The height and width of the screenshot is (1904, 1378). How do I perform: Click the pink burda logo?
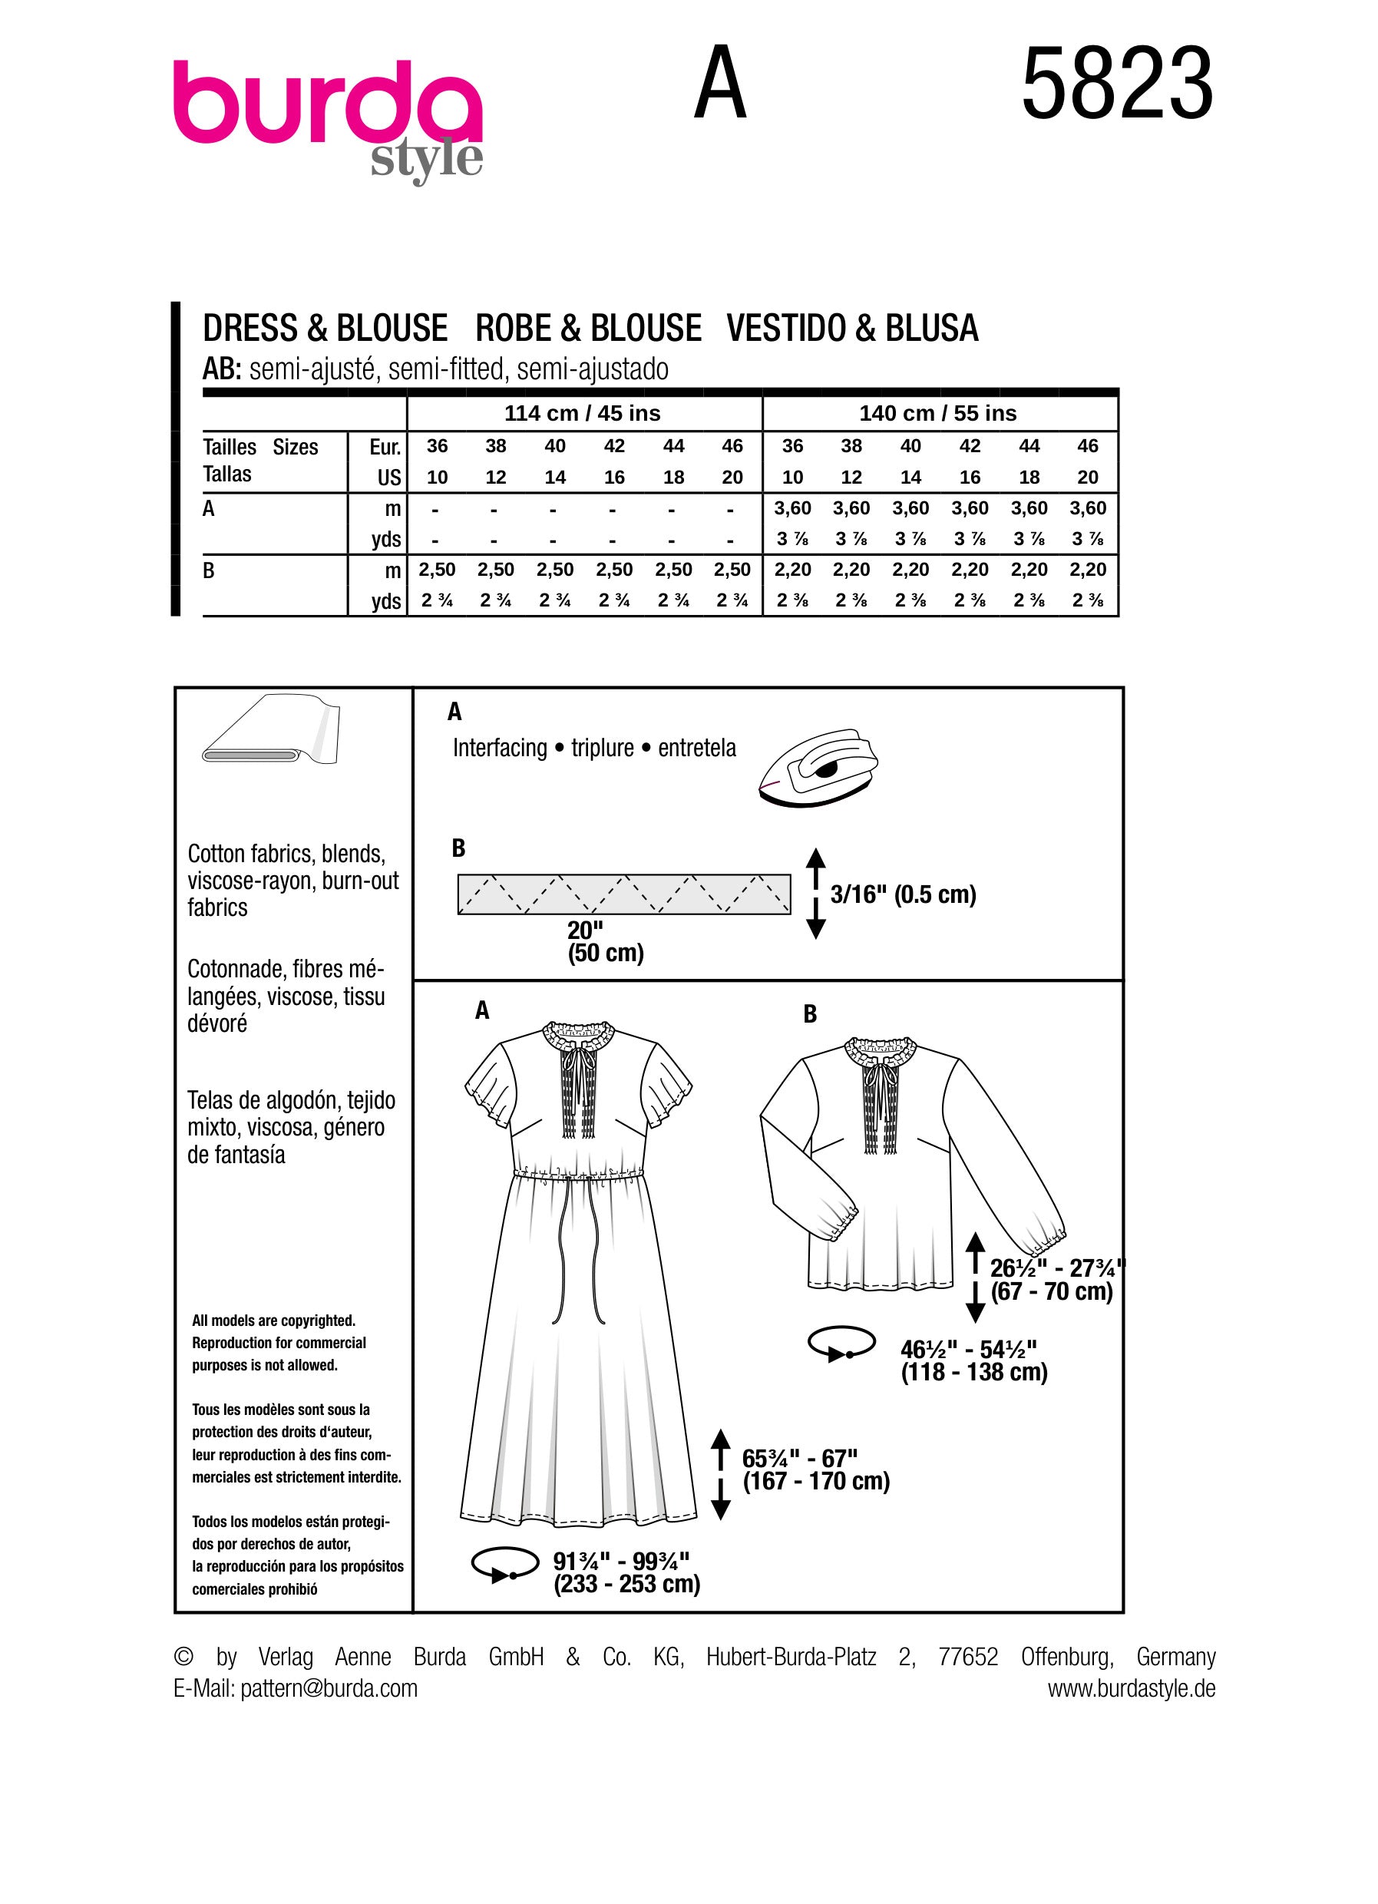pyautogui.click(x=327, y=117)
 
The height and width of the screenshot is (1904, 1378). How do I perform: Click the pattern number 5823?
pyautogui.click(x=1117, y=84)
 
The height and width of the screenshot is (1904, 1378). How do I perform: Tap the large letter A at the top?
pyautogui.click(x=720, y=83)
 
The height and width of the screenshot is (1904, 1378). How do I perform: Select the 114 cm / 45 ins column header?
pyautogui.click(x=583, y=413)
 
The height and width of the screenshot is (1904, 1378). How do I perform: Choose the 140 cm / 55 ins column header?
pyautogui.click(x=937, y=413)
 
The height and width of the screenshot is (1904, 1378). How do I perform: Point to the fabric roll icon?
pyautogui.click(x=272, y=729)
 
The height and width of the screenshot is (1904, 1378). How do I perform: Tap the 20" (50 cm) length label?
pyautogui.click(x=605, y=941)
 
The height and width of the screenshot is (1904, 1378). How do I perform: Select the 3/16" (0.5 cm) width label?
pyautogui.click(x=903, y=894)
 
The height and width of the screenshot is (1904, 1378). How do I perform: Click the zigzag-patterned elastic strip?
pyautogui.click(x=623, y=894)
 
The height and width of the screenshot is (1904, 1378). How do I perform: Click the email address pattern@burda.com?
pyautogui.click(x=329, y=1688)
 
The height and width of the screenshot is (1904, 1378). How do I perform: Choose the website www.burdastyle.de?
pyautogui.click(x=1132, y=1688)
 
